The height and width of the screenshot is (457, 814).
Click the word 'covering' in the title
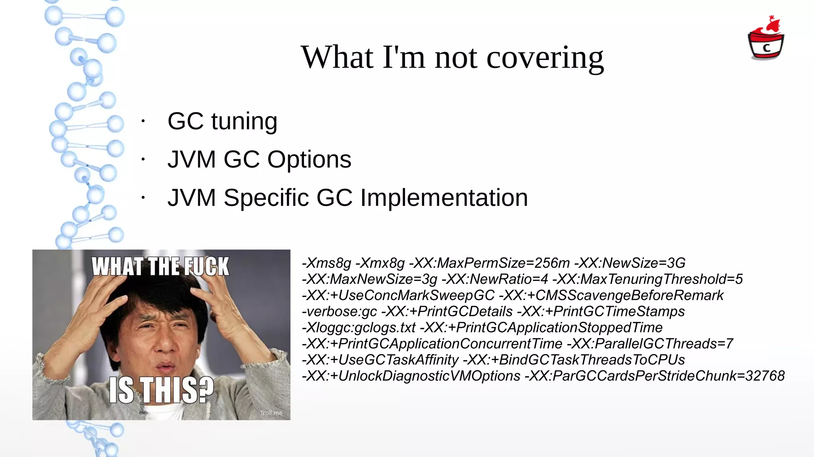[x=545, y=58]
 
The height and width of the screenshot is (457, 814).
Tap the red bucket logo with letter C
[x=766, y=40]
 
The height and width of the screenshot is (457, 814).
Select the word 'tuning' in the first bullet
[x=244, y=121]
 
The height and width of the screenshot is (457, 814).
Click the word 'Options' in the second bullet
[x=309, y=160]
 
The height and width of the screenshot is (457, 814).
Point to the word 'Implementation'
[x=444, y=198]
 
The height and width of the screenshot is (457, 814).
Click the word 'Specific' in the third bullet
[x=266, y=198]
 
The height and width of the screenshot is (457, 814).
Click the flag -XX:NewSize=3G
[x=630, y=263]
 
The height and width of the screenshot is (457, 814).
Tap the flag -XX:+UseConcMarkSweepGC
[x=398, y=296]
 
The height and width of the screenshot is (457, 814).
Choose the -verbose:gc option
[x=339, y=312]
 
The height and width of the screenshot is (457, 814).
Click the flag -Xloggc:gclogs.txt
[x=359, y=328]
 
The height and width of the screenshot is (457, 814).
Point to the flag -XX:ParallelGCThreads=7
[x=650, y=344]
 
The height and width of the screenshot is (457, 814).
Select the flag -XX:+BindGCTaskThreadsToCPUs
[x=574, y=360]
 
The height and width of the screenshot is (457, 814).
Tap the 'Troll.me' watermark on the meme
[x=271, y=413]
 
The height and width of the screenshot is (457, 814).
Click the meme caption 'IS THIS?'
[x=161, y=390]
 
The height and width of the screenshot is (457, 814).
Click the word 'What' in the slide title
[x=337, y=58]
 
